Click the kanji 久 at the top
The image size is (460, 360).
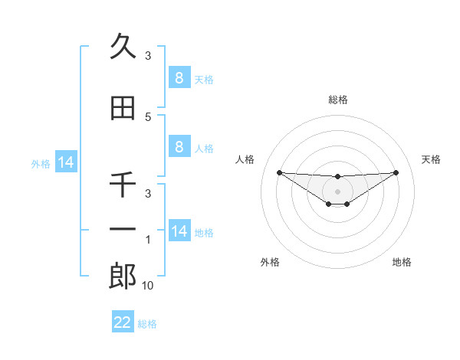coord(123,47)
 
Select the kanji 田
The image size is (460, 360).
coord(123,109)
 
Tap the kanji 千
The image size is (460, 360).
coord(123,185)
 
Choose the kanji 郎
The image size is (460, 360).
coord(123,276)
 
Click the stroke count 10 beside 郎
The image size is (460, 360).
coord(148,286)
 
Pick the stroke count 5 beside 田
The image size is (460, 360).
coord(148,116)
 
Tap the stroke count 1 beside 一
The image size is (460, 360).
coord(148,241)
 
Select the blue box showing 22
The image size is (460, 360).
coord(123,322)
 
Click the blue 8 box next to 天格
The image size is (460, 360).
coord(179,77)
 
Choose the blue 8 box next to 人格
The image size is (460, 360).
coord(179,147)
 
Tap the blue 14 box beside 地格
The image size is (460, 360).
coord(179,231)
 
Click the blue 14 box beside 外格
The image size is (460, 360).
coord(65,162)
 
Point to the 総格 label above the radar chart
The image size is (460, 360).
coord(337,100)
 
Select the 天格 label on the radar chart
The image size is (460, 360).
coord(431,159)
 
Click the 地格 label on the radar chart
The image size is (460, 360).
coord(402,262)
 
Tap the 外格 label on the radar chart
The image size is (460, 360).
coord(270,262)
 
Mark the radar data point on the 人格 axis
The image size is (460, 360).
coord(279,172)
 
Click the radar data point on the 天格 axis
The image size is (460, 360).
coord(396,172)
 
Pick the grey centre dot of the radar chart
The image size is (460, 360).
coord(337,191)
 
